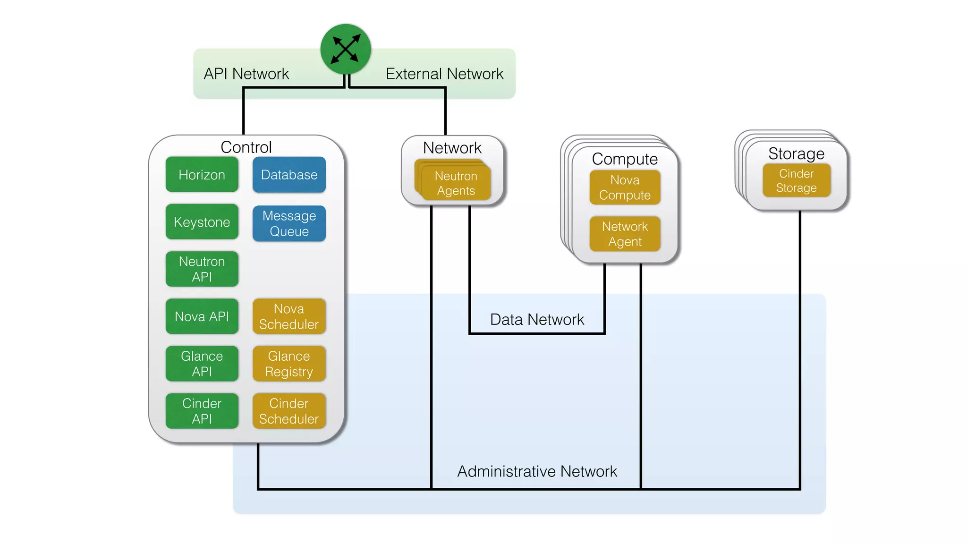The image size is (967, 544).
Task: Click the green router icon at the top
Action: tap(345, 50)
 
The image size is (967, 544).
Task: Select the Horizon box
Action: tap(202, 175)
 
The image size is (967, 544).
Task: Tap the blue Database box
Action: tap(289, 175)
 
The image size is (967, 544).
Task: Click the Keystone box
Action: tap(202, 222)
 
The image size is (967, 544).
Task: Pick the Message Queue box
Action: tap(289, 223)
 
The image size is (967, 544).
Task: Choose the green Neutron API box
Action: tap(202, 269)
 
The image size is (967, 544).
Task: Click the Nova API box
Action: tap(202, 316)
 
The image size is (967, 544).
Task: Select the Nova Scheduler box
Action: tap(289, 316)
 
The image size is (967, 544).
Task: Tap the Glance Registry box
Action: tap(289, 364)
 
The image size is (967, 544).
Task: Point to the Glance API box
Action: tap(202, 364)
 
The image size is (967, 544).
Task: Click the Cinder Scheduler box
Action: tap(289, 411)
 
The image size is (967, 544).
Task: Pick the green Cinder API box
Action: tap(202, 411)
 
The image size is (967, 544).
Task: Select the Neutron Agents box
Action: tap(456, 183)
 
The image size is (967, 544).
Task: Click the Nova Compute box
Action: tap(625, 187)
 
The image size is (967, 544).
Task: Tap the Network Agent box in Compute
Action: tap(625, 234)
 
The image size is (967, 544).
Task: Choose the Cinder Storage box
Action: tap(796, 180)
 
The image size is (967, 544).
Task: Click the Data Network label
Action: tap(537, 320)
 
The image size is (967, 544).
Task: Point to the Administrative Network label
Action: tap(537, 471)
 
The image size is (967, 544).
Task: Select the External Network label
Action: tap(444, 74)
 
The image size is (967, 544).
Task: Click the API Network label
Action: tap(246, 74)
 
